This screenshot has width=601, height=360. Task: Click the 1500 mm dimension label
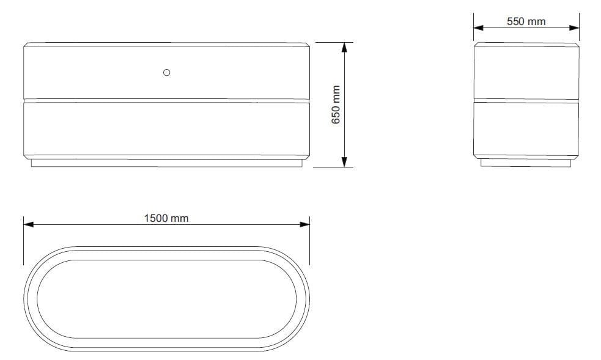coord(166,218)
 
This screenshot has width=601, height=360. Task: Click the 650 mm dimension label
coord(336,105)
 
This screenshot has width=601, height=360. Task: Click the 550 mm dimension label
coord(526,21)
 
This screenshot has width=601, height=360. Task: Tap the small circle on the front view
coord(166,73)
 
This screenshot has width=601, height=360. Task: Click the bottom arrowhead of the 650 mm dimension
coord(345,162)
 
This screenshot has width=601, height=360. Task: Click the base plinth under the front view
coord(166,163)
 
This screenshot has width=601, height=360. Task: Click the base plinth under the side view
coord(526,163)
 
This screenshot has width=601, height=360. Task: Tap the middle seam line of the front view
coord(166,100)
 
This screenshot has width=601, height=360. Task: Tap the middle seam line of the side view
coord(526,100)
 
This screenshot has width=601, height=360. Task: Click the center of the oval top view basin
coord(166,300)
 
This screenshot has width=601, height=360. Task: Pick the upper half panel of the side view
coord(526,72)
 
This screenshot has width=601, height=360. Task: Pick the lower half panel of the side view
coord(526,128)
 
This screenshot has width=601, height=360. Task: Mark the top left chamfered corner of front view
coord(26,45)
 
